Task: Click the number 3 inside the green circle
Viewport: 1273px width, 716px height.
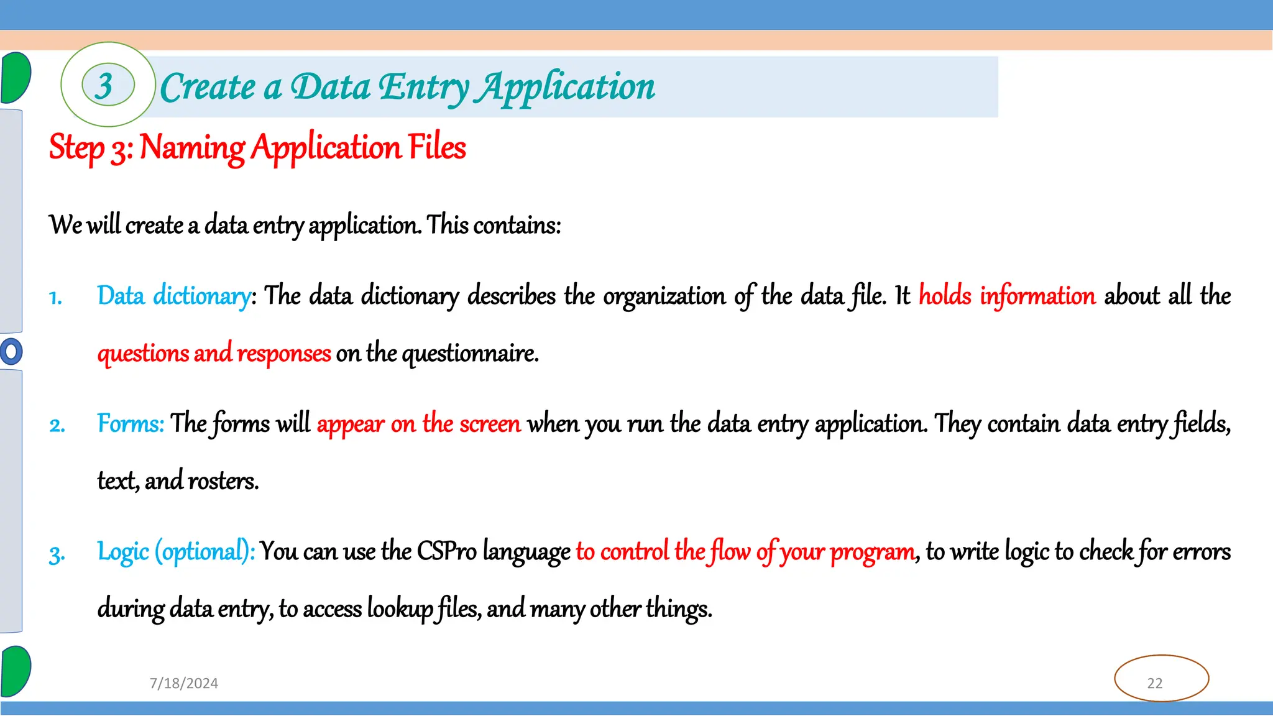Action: (x=104, y=86)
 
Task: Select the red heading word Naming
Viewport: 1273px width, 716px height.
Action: (x=193, y=148)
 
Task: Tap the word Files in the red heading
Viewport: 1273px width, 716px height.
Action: (x=437, y=147)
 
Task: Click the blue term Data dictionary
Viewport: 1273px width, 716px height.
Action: (x=174, y=296)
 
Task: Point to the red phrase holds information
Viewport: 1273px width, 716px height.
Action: (x=1007, y=296)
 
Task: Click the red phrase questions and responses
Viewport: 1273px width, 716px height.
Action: (x=214, y=353)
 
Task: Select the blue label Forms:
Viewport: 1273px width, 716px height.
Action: (x=131, y=424)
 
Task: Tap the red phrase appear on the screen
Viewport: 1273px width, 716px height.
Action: (x=418, y=424)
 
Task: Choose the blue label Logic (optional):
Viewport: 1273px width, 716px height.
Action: (x=176, y=552)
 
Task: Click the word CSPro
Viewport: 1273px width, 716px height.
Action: (x=446, y=552)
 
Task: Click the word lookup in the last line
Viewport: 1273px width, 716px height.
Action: (x=400, y=608)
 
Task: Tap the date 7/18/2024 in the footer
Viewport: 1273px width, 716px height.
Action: (x=184, y=683)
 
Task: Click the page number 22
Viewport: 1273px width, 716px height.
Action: (x=1155, y=683)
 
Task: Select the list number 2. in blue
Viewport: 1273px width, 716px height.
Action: (x=57, y=426)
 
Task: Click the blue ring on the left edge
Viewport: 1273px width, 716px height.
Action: (x=11, y=351)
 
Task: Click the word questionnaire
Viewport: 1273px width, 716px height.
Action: (x=470, y=353)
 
